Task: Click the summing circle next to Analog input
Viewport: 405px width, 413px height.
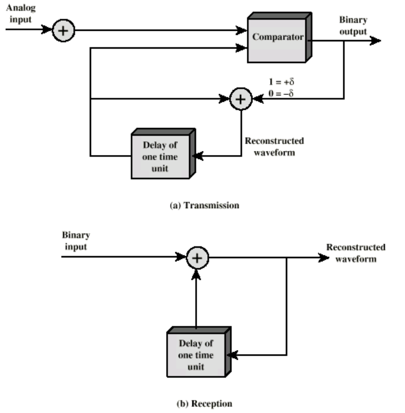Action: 64,30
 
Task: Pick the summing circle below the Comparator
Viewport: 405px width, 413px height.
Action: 241,99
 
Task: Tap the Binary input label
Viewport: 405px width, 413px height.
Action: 76,241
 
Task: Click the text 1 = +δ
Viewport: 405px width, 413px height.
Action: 281,82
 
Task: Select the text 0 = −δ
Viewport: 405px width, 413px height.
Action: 281,93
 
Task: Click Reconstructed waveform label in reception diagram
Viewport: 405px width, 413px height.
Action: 355,253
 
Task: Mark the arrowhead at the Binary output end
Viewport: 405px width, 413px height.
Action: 376,40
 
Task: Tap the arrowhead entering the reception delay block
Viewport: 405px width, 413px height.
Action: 235,355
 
